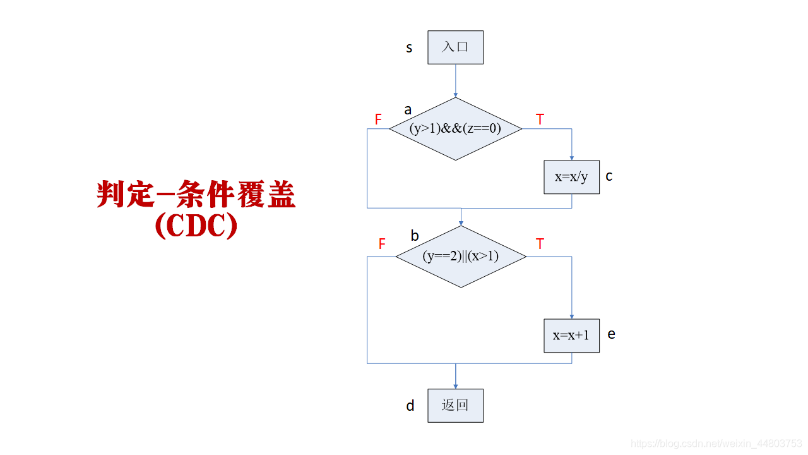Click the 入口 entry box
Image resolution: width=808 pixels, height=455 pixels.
pyautogui.click(x=455, y=47)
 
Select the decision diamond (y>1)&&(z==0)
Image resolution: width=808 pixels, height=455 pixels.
pyautogui.click(x=455, y=129)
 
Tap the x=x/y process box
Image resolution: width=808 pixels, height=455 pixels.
pyautogui.click(x=571, y=177)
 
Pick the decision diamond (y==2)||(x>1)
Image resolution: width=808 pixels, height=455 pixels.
pyautogui.click(x=460, y=257)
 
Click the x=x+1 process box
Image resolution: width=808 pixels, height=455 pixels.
pyautogui.click(x=571, y=336)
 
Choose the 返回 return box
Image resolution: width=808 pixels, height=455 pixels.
pyautogui.click(x=455, y=406)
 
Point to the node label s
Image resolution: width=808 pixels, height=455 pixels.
pyautogui.click(x=409, y=48)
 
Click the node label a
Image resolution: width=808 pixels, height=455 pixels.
pyautogui.click(x=408, y=110)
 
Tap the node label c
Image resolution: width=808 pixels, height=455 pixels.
pyautogui.click(x=609, y=176)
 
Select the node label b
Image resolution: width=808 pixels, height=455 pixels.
pyautogui.click(x=415, y=236)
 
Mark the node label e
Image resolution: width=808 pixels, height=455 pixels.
pyautogui.click(x=611, y=334)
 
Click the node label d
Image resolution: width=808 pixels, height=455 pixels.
pyautogui.click(x=410, y=406)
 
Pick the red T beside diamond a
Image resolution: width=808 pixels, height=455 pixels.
pyautogui.click(x=540, y=119)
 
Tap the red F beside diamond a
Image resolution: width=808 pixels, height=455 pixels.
pyautogui.click(x=378, y=119)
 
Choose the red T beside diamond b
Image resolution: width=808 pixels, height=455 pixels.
pyautogui.click(x=540, y=244)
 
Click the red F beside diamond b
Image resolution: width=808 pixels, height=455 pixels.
pyautogui.click(x=381, y=244)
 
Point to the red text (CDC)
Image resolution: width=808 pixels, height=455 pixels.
pyautogui.click(x=196, y=227)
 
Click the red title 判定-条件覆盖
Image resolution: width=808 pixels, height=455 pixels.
pyautogui.click(x=196, y=195)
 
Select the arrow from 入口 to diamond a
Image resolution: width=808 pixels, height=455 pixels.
pyautogui.click(x=455, y=80)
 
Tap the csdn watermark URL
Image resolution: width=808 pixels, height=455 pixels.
pyautogui.click(x=716, y=444)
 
